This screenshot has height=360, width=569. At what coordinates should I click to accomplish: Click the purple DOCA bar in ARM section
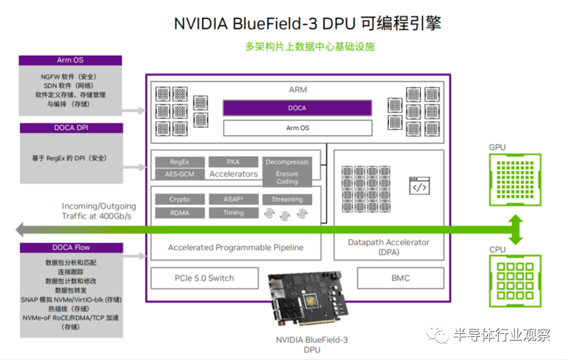tap(297, 108)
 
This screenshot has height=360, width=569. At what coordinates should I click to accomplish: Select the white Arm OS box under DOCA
tap(297, 128)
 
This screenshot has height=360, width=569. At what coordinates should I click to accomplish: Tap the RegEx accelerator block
tap(179, 162)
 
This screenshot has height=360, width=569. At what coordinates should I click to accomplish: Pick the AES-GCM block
tap(179, 174)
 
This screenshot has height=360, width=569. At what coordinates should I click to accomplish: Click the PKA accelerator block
tap(233, 162)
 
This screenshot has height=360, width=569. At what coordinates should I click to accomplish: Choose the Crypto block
tap(179, 199)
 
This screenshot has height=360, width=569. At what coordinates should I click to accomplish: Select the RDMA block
tap(179, 213)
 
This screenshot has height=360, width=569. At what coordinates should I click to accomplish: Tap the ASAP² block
tap(233, 199)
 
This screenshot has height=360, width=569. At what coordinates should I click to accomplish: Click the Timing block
tap(233, 213)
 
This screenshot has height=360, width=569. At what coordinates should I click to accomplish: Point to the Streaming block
tap(287, 199)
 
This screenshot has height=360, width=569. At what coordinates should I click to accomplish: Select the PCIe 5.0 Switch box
tap(204, 278)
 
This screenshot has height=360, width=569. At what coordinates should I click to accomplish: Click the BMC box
tap(400, 278)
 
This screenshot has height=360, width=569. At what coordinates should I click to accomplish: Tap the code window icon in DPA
tap(419, 186)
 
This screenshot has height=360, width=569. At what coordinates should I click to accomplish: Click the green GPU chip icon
tap(515, 179)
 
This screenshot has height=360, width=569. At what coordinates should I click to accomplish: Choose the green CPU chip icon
tap(515, 281)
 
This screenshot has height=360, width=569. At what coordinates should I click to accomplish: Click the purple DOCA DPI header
tap(71, 128)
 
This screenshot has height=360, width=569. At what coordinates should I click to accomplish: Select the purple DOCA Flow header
tap(71, 247)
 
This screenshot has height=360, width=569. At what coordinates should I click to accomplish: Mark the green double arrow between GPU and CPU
tap(516, 230)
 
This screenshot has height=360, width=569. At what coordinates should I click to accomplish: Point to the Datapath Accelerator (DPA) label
tap(388, 247)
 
